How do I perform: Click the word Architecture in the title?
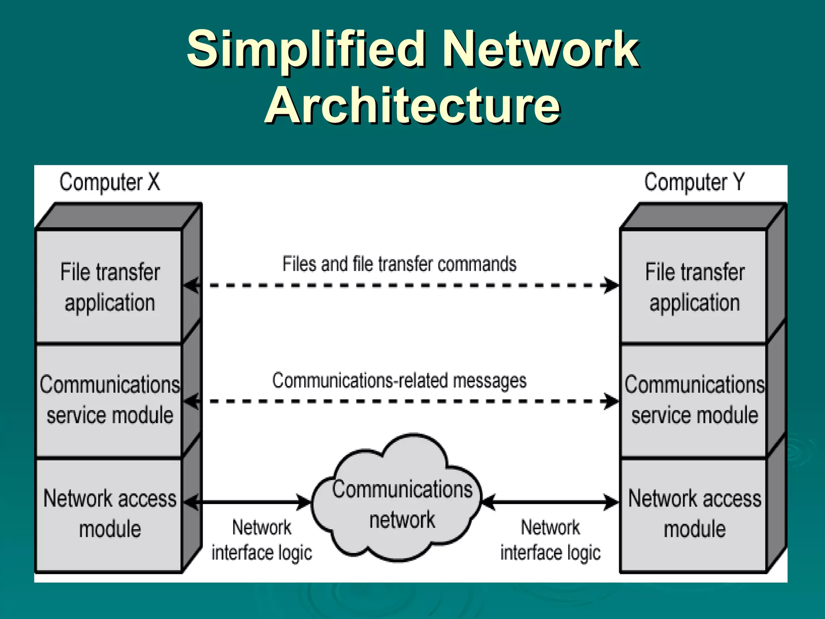(x=412, y=106)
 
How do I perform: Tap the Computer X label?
(x=110, y=182)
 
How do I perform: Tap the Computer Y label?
(x=694, y=182)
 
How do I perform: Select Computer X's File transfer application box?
(x=110, y=287)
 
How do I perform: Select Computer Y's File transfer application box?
(x=694, y=287)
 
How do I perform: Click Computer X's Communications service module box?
(x=110, y=400)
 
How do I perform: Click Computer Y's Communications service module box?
(x=694, y=400)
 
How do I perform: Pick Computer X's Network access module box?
(x=110, y=514)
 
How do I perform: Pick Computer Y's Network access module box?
(x=694, y=514)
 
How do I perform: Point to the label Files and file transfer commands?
(x=399, y=264)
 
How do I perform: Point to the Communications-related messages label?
(x=399, y=380)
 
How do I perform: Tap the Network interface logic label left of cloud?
(x=262, y=540)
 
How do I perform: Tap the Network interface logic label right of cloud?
(x=550, y=540)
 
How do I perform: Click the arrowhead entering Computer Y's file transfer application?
(x=611, y=285)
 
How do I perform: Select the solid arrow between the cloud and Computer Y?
(x=550, y=502)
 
